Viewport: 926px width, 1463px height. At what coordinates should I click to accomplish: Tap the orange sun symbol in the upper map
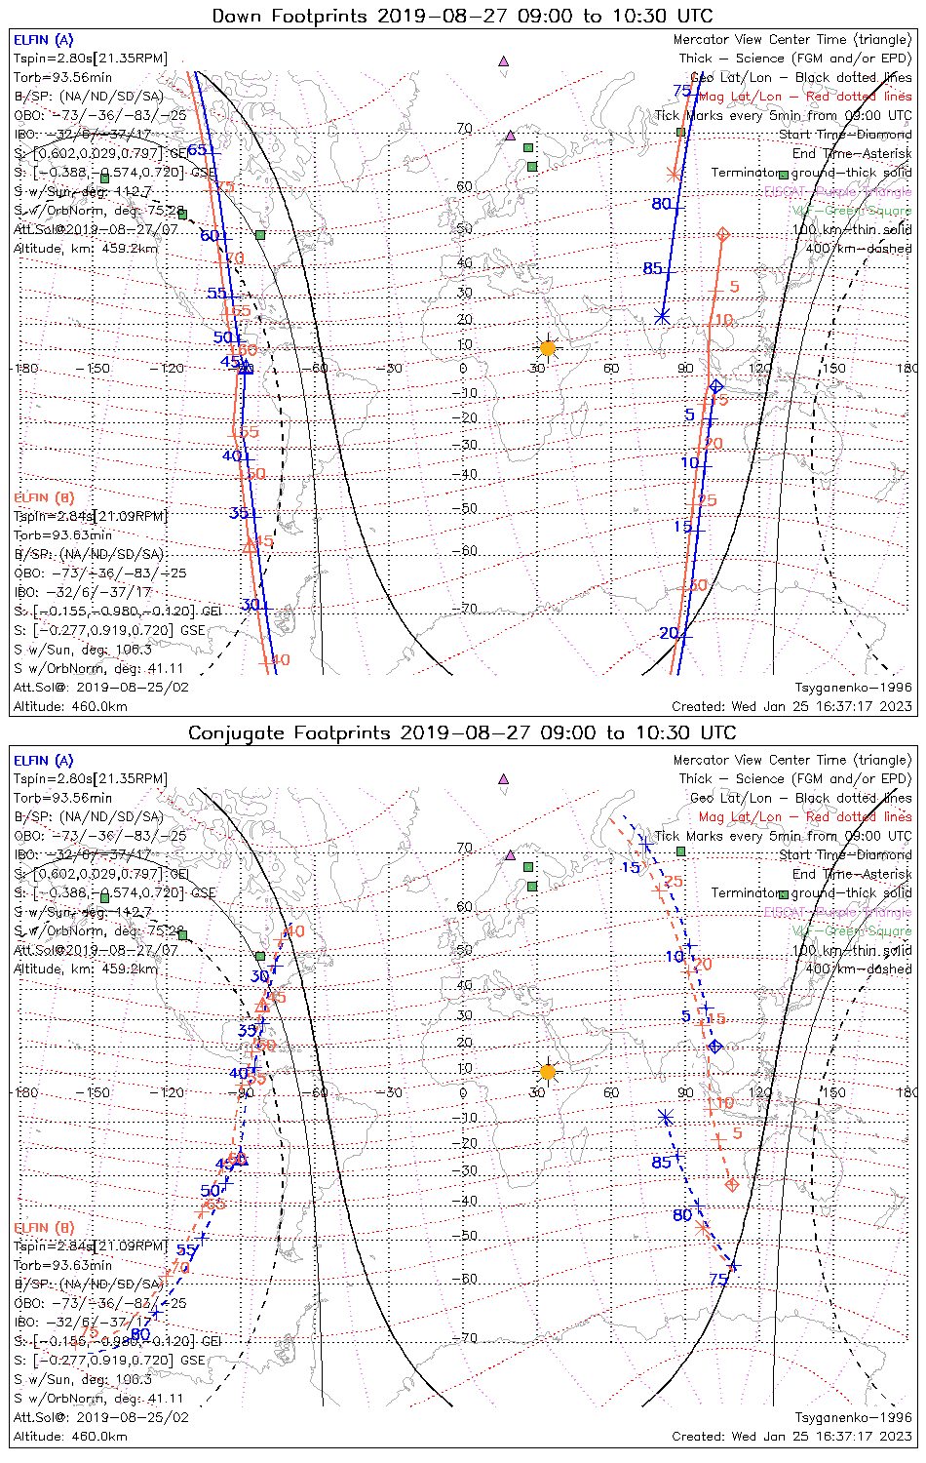point(547,348)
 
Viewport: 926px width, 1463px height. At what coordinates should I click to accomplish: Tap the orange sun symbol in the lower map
point(547,1072)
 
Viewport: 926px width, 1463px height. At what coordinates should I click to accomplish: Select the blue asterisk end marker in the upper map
point(662,316)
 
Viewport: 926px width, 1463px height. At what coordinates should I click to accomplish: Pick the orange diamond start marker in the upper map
point(722,234)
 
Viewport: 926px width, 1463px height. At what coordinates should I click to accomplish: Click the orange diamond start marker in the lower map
point(732,1185)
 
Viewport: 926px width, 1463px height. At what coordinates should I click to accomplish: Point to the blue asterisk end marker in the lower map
point(666,1117)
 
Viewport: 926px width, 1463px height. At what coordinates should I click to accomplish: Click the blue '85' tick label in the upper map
point(652,269)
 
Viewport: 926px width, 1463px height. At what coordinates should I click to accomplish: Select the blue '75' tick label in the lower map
point(718,1279)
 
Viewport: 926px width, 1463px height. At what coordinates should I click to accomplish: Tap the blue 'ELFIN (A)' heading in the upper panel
point(43,40)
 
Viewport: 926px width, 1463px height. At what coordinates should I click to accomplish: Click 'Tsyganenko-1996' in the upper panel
point(853,688)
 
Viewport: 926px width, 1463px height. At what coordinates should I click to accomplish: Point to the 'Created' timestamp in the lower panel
point(791,1436)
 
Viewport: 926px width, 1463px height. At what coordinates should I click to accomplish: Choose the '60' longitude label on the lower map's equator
point(611,1092)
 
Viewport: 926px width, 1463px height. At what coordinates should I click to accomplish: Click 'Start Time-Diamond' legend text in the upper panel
point(845,135)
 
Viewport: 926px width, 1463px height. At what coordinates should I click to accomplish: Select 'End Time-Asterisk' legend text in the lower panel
point(852,874)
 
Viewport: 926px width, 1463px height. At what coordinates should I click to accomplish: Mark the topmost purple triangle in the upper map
point(503,61)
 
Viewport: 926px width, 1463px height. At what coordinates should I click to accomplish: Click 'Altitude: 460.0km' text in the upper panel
point(70,706)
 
